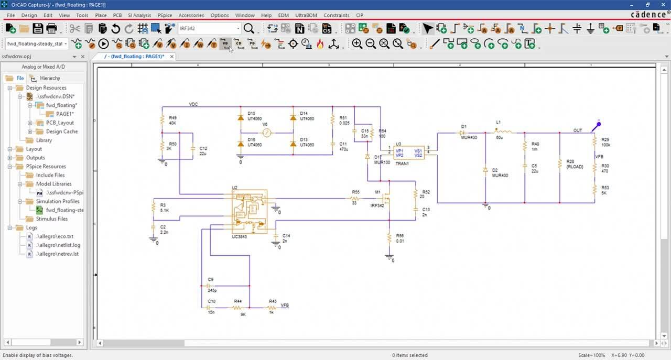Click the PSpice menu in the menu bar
[165, 15]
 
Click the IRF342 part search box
[209, 28]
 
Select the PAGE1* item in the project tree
[65, 114]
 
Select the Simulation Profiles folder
[58, 201]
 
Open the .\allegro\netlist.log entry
[58, 245]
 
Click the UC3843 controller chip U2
[250, 211]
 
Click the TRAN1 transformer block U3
[409, 152]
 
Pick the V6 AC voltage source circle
[266, 133]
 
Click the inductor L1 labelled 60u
[503, 131]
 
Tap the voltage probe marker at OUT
[596, 126]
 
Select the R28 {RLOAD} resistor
[560, 164]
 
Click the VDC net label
[193, 104]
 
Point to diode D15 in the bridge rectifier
[241, 118]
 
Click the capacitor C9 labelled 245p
[209, 286]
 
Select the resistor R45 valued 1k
[272, 308]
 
